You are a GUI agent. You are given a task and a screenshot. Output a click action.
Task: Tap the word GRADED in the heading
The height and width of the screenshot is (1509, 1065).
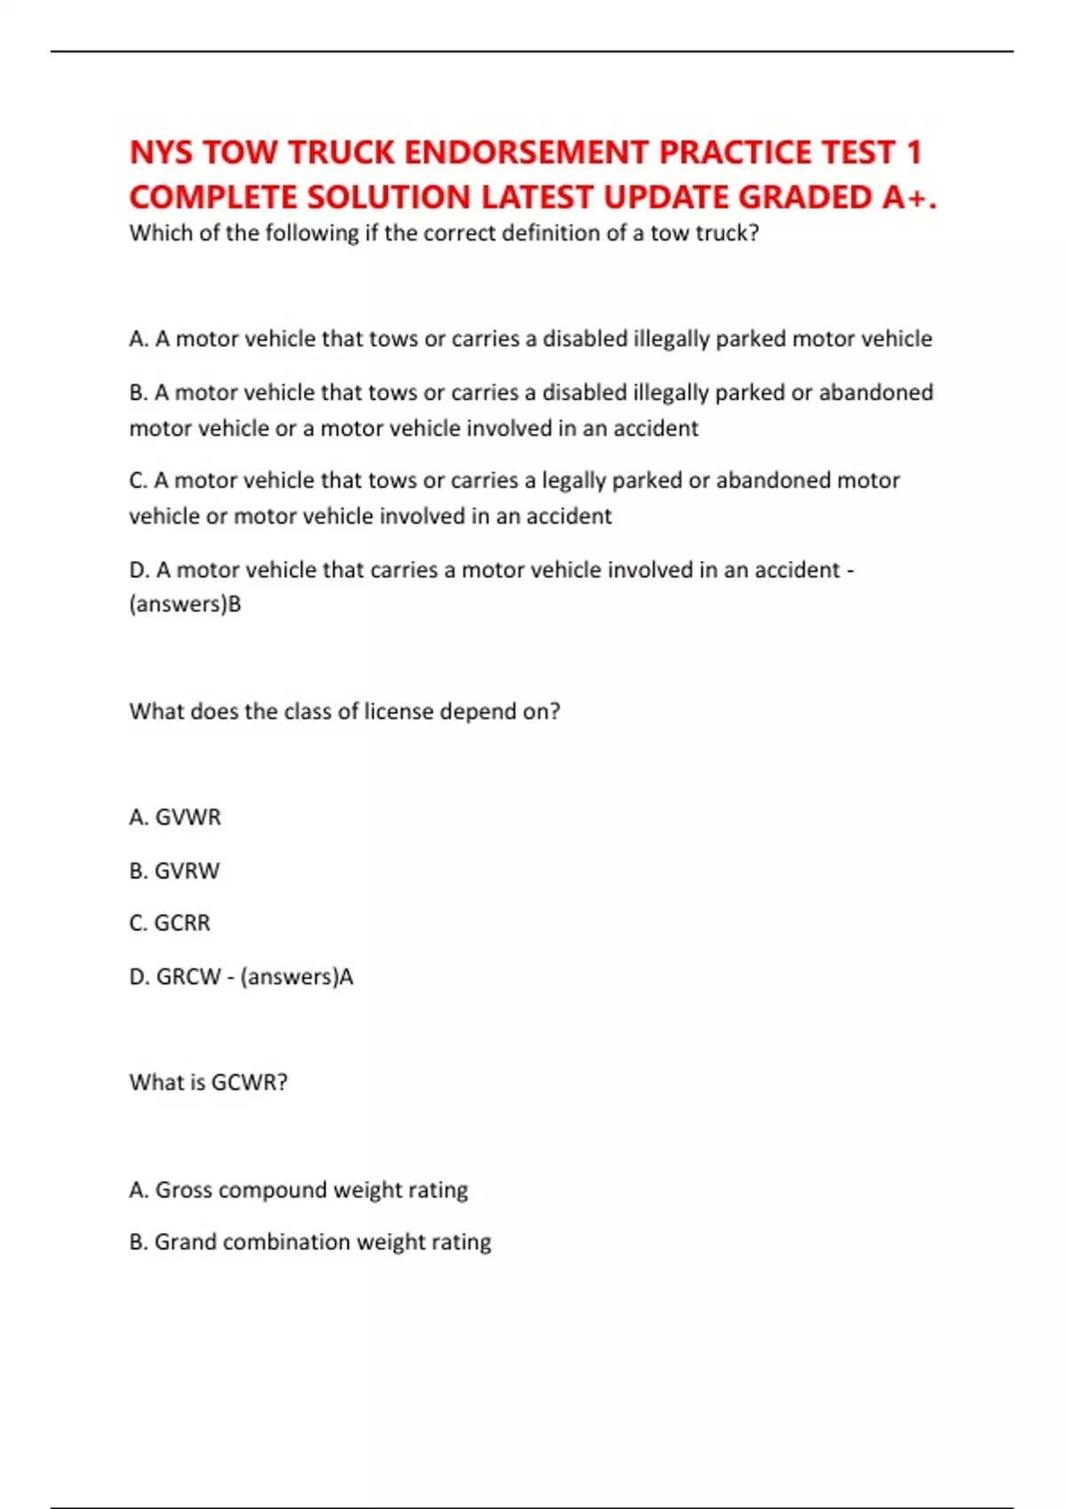click(x=805, y=197)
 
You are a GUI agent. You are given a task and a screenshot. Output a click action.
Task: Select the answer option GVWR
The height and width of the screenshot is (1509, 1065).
click(x=187, y=818)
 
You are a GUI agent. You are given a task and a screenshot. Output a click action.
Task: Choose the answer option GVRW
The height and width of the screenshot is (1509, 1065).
click(x=186, y=871)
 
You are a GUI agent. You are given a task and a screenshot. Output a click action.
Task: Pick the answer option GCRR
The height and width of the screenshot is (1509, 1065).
click(x=182, y=923)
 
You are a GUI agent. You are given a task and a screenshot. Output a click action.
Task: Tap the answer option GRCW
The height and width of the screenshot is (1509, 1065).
click(x=187, y=977)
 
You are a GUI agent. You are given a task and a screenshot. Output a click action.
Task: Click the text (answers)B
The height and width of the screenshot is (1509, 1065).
click(x=185, y=604)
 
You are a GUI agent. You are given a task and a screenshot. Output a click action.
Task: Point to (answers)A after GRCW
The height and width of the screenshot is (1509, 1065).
click(x=296, y=977)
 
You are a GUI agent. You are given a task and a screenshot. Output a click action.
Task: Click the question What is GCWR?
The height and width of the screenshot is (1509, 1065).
click(x=209, y=1083)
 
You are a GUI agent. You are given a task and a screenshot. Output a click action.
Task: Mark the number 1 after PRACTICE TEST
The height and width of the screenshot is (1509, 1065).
click(x=913, y=153)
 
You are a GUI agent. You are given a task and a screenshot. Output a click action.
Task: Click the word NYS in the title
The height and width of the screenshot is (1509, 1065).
click(x=162, y=153)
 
